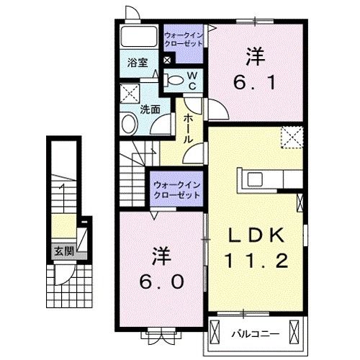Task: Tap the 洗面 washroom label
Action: (150, 110)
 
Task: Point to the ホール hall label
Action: (186, 128)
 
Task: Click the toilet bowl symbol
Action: (173, 81)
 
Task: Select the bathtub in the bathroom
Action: (139, 37)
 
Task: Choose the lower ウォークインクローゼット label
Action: (176, 189)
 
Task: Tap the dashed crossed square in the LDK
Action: (291, 134)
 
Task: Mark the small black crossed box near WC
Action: (167, 60)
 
